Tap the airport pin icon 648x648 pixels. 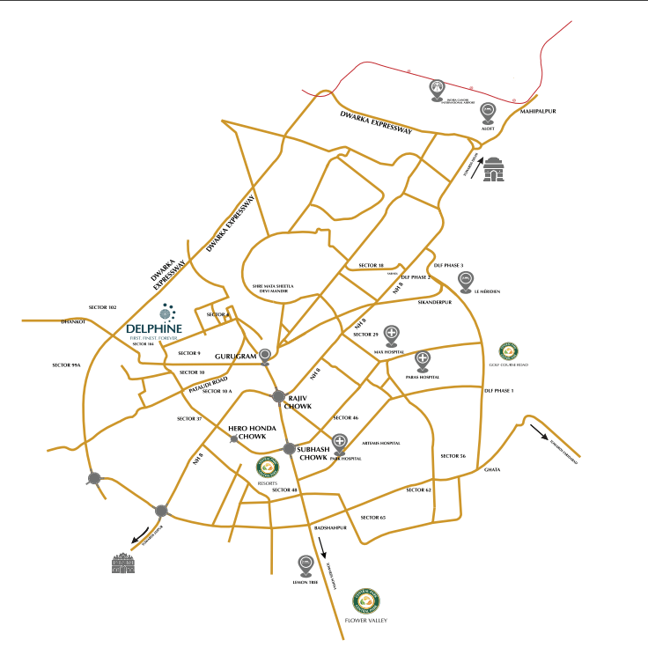click(x=438, y=89)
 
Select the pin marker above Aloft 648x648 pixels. click(x=490, y=113)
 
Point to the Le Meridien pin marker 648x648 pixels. click(x=466, y=281)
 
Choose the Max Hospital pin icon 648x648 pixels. click(x=392, y=335)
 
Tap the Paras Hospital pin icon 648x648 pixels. click(x=423, y=360)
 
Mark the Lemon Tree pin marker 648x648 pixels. click(x=305, y=563)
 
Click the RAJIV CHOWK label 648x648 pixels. click(x=301, y=402)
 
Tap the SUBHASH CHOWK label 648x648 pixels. click(x=313, y=453)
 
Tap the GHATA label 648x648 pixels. click(x=492, y=469)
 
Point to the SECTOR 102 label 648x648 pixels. click(x=103, y=307)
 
